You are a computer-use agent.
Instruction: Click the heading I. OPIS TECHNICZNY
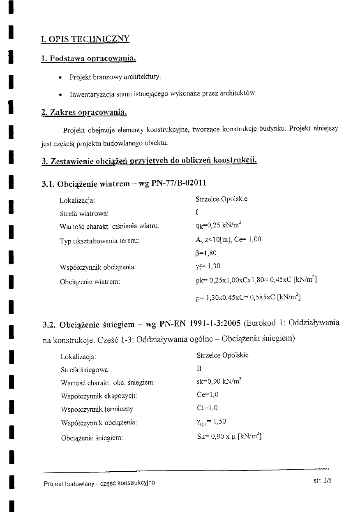(85, 39)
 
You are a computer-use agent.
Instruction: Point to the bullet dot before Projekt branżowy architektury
(61, 77)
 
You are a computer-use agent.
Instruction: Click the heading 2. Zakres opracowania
(84, 112)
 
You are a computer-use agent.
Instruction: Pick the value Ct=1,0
(207, 408)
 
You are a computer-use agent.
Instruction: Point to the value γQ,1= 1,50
(211, 422)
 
